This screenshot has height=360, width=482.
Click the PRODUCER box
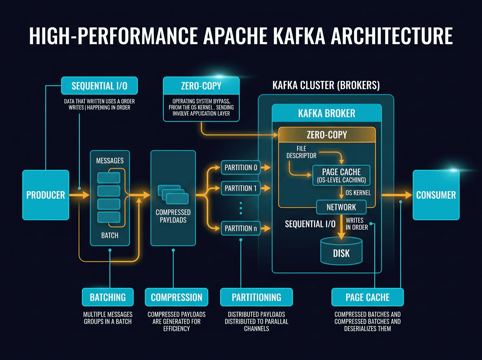coord(45,195)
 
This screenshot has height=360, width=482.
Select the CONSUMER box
coord(436,195)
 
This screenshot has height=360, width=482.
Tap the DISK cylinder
coord(341,251)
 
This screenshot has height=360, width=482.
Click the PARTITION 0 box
coord(241,167)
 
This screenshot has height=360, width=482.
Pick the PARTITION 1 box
coord(241,188)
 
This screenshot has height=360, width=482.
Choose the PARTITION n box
coord(241,228)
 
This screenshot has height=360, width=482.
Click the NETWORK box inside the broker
coord(341,207)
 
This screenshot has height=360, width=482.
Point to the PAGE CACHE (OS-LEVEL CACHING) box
coord(341,176)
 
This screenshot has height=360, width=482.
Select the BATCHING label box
coord(107,297)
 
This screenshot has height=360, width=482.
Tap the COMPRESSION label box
coord(176,297)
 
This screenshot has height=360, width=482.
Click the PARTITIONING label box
coord(256,297)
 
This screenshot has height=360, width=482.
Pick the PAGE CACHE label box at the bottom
coord(367,297)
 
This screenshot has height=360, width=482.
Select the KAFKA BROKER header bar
coord(327,113)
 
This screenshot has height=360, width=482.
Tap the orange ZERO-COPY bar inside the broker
coord(327,135)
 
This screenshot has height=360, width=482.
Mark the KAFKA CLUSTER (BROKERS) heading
coord(326,86)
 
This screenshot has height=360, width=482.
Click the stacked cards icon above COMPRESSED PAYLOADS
coord(173,194)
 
